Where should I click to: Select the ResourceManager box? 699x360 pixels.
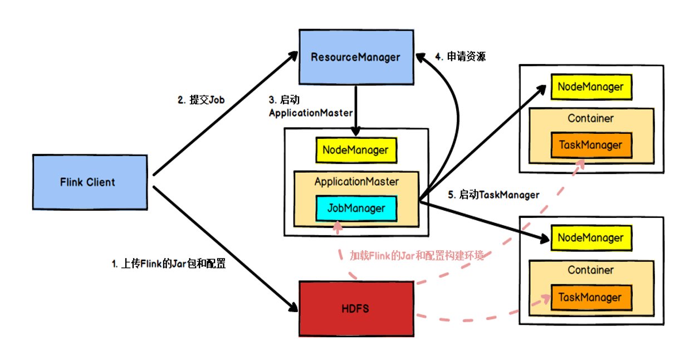356,57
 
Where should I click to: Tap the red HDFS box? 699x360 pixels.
356,308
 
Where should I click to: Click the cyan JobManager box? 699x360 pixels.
356,208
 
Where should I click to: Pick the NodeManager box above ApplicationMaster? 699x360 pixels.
356,150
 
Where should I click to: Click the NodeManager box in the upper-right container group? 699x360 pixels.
590,87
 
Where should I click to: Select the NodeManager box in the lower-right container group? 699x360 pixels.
590,238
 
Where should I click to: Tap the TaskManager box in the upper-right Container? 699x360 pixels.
590,145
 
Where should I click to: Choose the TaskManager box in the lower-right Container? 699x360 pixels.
590,298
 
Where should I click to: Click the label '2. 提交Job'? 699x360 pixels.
201,100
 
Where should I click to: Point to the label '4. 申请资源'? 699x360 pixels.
460,56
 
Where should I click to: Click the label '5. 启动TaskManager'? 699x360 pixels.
493,195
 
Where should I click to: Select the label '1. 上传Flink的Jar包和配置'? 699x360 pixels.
169,264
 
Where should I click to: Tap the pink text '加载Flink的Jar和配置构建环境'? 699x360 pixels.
417,256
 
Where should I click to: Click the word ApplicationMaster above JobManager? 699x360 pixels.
356,182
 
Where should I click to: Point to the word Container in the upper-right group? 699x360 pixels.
590,118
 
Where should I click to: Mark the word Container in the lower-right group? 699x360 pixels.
590,270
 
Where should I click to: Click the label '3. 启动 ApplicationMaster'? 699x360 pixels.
310,106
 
